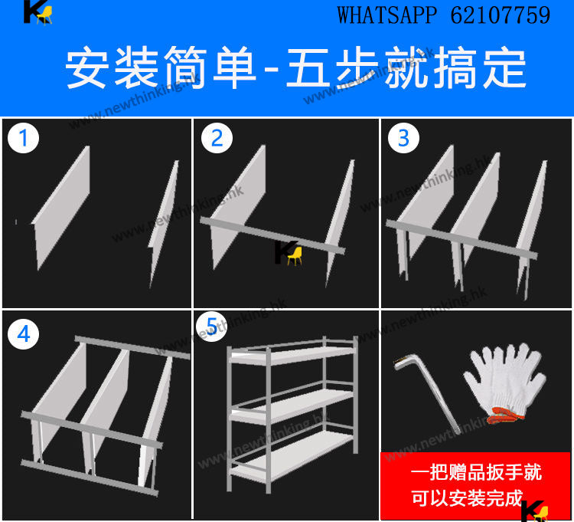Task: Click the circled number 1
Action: [23, 138]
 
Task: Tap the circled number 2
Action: [217, 138]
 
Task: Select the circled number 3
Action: [403, 138]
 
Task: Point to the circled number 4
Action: [23, 333]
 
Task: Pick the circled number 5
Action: [211, 327]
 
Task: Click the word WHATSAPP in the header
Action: [387, 15]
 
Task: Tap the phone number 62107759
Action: [501, 15]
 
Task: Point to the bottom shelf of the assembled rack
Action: [291, 456]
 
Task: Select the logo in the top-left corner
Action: [38, 13]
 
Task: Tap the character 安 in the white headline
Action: [86, 68]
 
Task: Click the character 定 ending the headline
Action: [505, 68]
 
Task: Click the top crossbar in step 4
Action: [132, 347]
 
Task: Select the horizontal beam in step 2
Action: [272, 235]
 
